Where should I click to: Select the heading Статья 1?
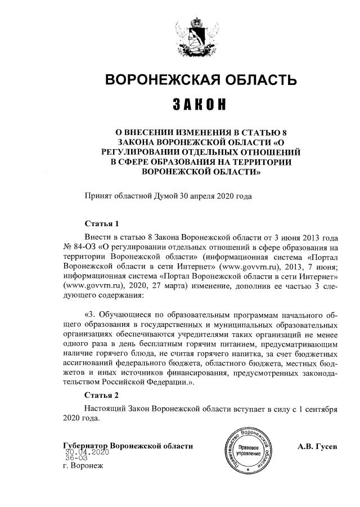pyautogui.click(x=101, y=223)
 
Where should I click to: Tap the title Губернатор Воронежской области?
pyautogui.click(x=129, y=446)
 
